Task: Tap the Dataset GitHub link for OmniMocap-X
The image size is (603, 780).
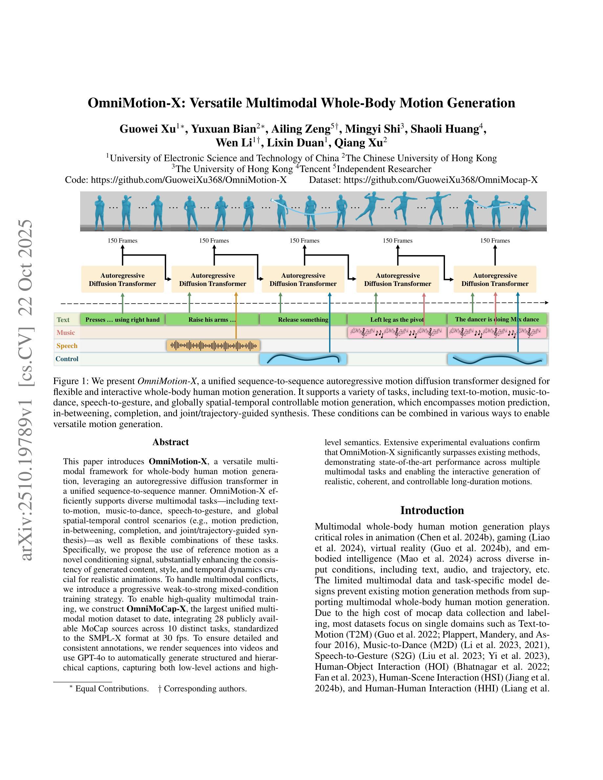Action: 440,180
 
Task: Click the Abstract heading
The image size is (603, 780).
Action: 170,442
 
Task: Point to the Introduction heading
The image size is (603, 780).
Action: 432,510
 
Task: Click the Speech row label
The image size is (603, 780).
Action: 67,346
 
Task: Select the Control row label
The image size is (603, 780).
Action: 67,359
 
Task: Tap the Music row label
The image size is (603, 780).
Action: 66,333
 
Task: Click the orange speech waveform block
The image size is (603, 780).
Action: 213,346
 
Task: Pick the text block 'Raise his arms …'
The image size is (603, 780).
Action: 212,320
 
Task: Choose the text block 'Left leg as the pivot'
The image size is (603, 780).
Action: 397,320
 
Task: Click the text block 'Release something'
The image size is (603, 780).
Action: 303,320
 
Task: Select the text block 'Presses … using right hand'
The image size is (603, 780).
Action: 123,320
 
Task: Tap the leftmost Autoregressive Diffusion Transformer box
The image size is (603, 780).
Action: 123,280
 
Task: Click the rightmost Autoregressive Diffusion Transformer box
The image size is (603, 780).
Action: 495,280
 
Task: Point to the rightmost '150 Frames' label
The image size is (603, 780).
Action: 495,241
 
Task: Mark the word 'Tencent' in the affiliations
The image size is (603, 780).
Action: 315,169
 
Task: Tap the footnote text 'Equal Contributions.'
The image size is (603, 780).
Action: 112,688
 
